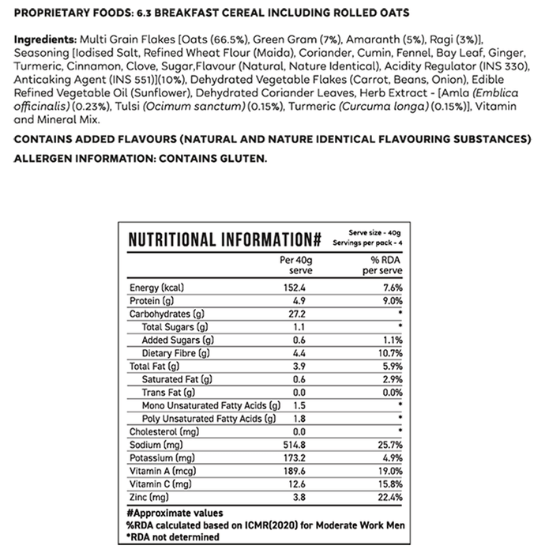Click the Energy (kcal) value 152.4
tap(294, 288)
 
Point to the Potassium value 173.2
tap(294, 458)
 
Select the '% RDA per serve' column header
tap(382, 264)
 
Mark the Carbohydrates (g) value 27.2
tap(294, 314)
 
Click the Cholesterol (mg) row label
tap(163, 431)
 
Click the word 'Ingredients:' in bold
tap(40, 39)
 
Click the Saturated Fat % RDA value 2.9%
tap(393, 379)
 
